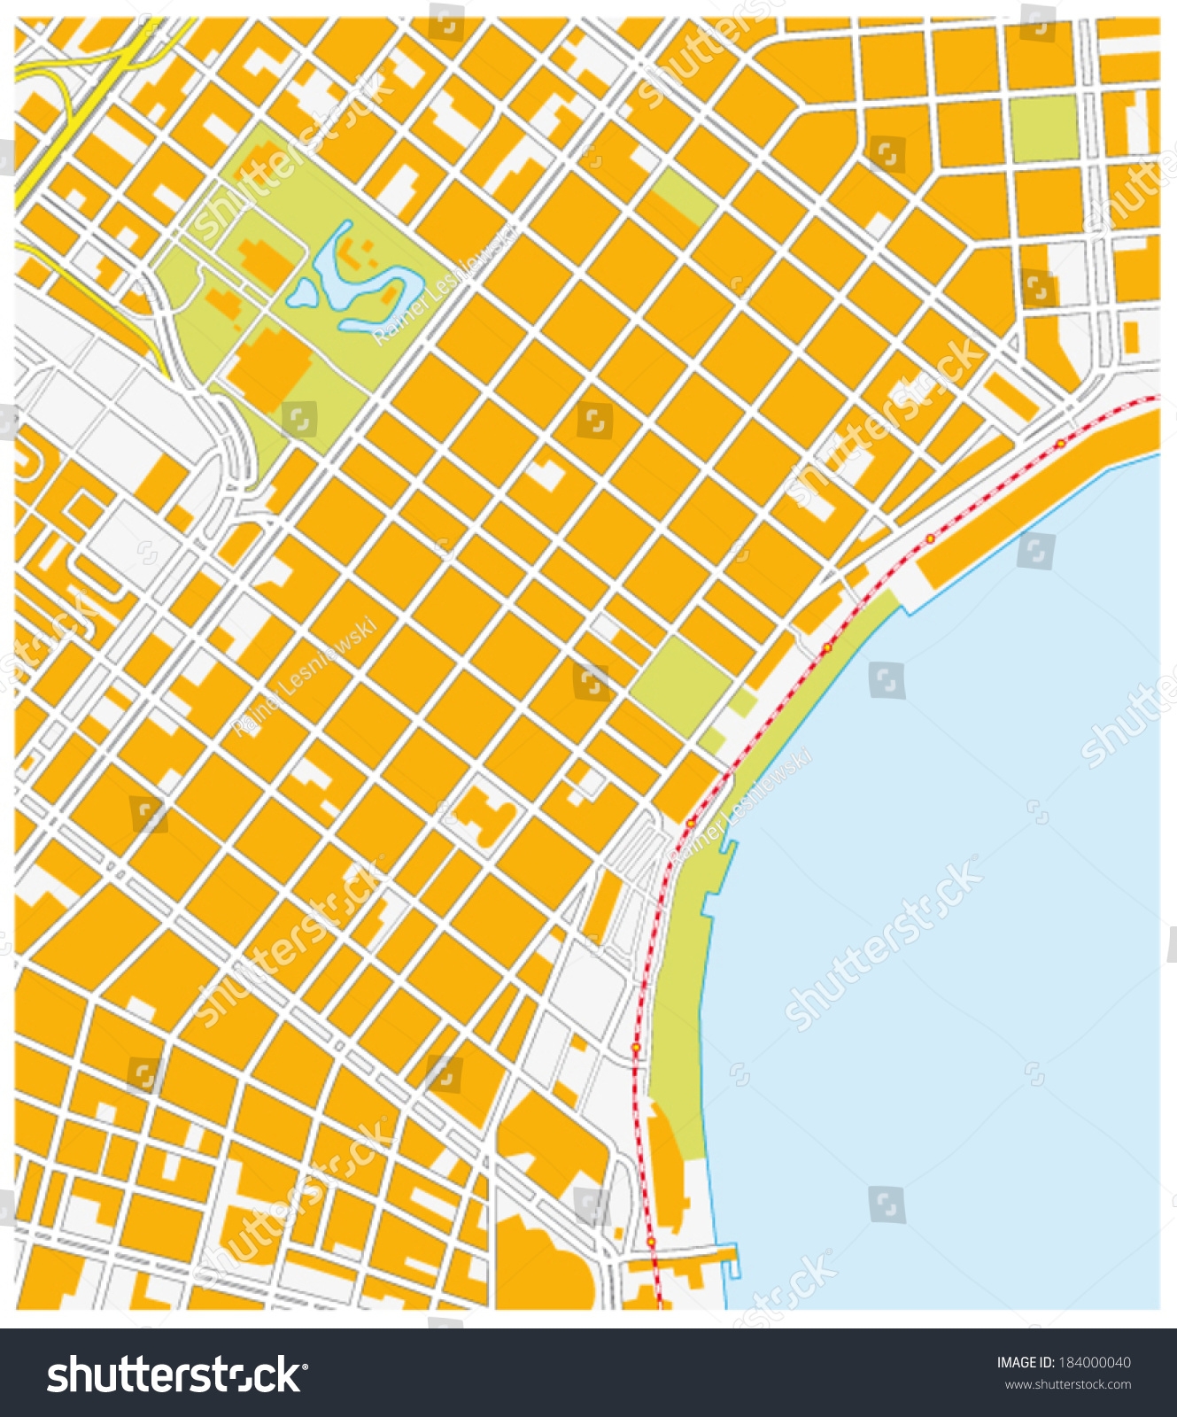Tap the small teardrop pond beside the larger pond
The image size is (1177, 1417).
[x=302, y=292]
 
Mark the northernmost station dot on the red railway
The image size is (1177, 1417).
[x=1059, y=442]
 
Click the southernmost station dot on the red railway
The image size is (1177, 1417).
[x=651, y=1243]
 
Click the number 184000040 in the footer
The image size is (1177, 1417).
[x=1096, y=1363]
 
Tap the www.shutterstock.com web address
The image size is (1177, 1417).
[x=1066, y=1384]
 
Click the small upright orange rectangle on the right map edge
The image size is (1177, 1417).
[x=1131, y=336]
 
